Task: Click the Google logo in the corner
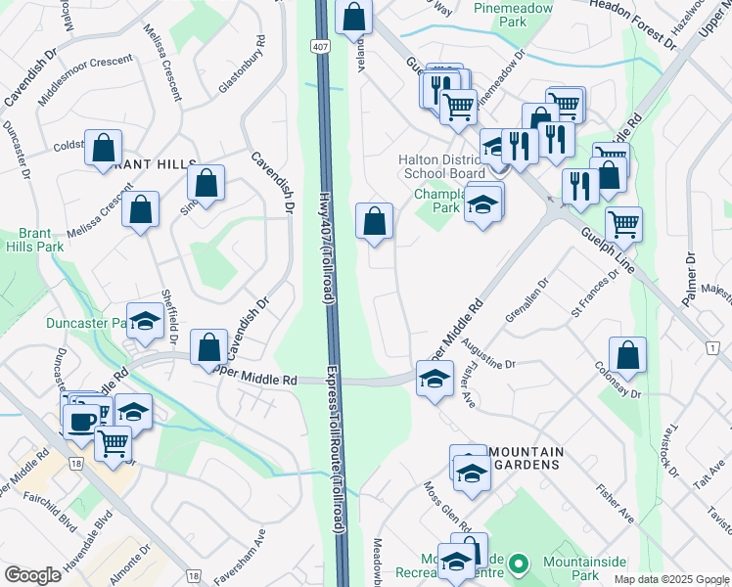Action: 32,575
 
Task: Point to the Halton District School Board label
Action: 441,166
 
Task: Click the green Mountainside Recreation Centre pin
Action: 520,564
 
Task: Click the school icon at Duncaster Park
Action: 145,320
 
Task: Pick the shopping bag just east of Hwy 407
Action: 374,220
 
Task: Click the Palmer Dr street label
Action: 691,279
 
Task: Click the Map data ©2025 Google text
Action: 670,579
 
